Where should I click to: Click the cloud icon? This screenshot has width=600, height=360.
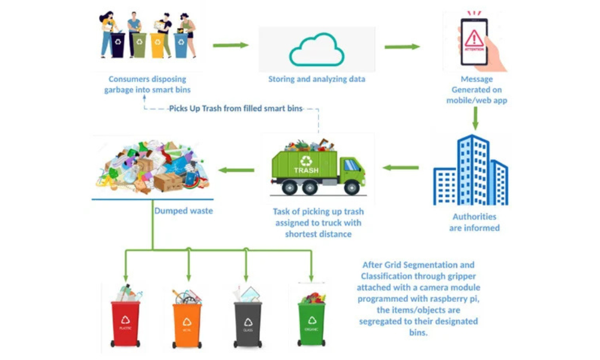[317, 49]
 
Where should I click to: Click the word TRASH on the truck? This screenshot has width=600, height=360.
[306, 170]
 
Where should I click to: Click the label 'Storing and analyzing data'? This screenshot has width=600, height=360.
[317, 79]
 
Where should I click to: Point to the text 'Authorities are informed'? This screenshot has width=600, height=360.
[474, 222]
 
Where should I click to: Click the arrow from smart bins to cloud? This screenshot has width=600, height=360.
[230, 45]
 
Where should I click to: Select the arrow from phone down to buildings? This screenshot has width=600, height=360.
[475, 118]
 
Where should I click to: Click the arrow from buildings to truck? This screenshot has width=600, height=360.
[401, 167]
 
